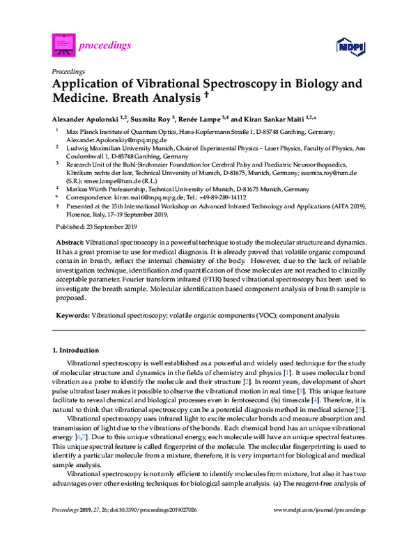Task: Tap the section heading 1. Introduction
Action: pos(69,348)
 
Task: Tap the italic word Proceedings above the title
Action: pos(68,70)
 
